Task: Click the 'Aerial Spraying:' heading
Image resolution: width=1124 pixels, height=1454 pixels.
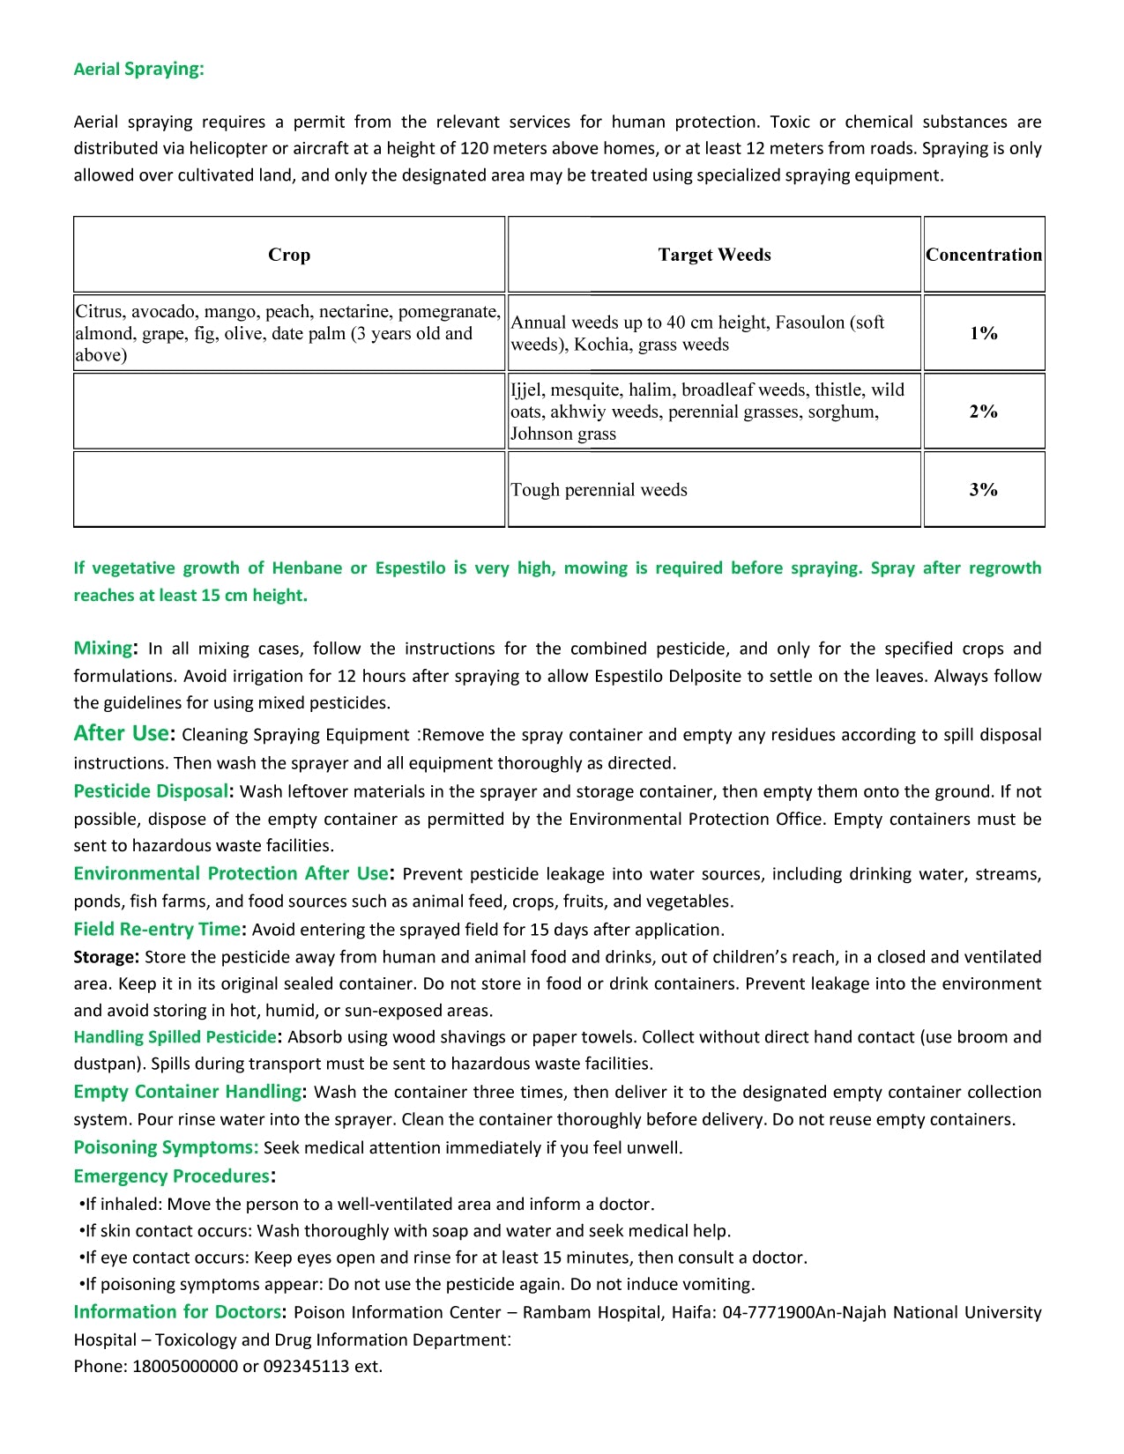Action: pos(138,69)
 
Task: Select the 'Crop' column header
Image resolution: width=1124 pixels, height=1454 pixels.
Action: pos(289,255)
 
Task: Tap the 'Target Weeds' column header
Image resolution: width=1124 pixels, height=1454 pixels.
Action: pos(714,255)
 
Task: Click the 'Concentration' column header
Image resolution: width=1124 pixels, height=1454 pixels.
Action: pos(984,255)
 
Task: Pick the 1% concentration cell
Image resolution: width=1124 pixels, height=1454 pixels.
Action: pos(984,333)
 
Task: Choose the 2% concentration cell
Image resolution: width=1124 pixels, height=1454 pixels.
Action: pos(984,412)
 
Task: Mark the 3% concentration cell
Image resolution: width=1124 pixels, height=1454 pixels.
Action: pos(984,490)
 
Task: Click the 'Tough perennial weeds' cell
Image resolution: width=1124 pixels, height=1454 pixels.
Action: pos(599,490)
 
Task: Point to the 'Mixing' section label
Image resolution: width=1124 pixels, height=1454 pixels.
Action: pos(103,649)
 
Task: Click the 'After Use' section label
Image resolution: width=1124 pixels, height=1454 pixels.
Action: pos(122,733)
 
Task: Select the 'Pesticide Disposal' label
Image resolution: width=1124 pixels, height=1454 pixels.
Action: pos(151,791)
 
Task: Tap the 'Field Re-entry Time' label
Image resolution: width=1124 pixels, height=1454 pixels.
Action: pos(157,929)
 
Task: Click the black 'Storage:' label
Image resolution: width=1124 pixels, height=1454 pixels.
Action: pos(106,957)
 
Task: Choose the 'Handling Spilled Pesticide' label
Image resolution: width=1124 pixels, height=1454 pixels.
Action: pos(175,1037)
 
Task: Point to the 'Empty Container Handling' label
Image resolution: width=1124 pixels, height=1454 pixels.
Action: pos(188,1092)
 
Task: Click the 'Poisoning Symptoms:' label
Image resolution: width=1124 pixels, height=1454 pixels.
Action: pos(166,1147)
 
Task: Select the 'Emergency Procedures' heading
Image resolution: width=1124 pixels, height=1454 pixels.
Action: pos(172,1176)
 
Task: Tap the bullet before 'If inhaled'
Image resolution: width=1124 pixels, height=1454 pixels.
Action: pos(81,1205)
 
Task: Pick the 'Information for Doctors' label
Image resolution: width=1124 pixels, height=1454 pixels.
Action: pos(177,1312)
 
